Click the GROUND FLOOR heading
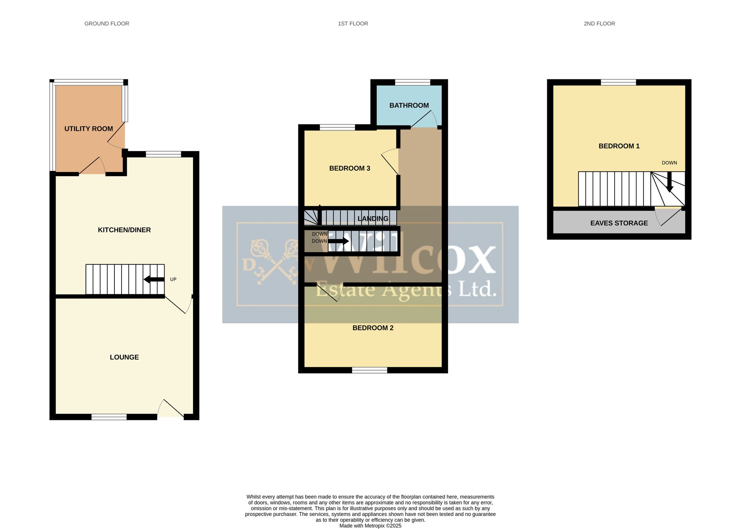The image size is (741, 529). pos(107,24)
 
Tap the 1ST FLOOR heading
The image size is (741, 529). pos(353,24)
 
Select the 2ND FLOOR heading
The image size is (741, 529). pos(599,24)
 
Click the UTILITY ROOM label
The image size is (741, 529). pos(89,129)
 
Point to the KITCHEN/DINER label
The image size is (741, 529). pos(124,230)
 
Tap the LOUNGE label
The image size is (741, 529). pos(124,357)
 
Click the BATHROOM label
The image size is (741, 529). pos(409,105)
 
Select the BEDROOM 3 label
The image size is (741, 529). pos(350,168)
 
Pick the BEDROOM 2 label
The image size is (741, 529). pos(373,328)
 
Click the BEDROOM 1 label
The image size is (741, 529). pos(619,146)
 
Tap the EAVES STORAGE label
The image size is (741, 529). pos(619,223)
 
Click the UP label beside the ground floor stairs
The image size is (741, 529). pos(173,279)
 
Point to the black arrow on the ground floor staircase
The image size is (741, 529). pos(154,279)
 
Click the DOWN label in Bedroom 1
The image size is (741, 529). pos(669,163)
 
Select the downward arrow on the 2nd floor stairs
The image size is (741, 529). pos(669,182)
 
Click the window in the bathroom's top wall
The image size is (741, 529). pos(412,82)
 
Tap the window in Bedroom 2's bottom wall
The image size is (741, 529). pos(369,370)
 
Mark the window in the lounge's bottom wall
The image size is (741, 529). pos(109,417)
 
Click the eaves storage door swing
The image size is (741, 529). pos(668,217)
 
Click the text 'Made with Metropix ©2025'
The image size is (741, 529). pos(370,526)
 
